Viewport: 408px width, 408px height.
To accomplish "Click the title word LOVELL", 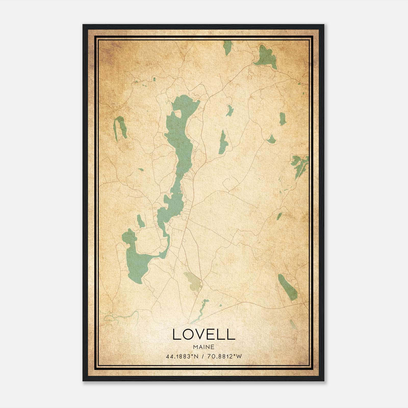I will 203,334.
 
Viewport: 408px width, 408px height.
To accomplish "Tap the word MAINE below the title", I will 203,347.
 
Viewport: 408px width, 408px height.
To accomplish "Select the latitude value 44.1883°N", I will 182,356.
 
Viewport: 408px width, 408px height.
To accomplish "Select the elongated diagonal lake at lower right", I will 287,287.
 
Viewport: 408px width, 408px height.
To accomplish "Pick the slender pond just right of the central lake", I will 223,143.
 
